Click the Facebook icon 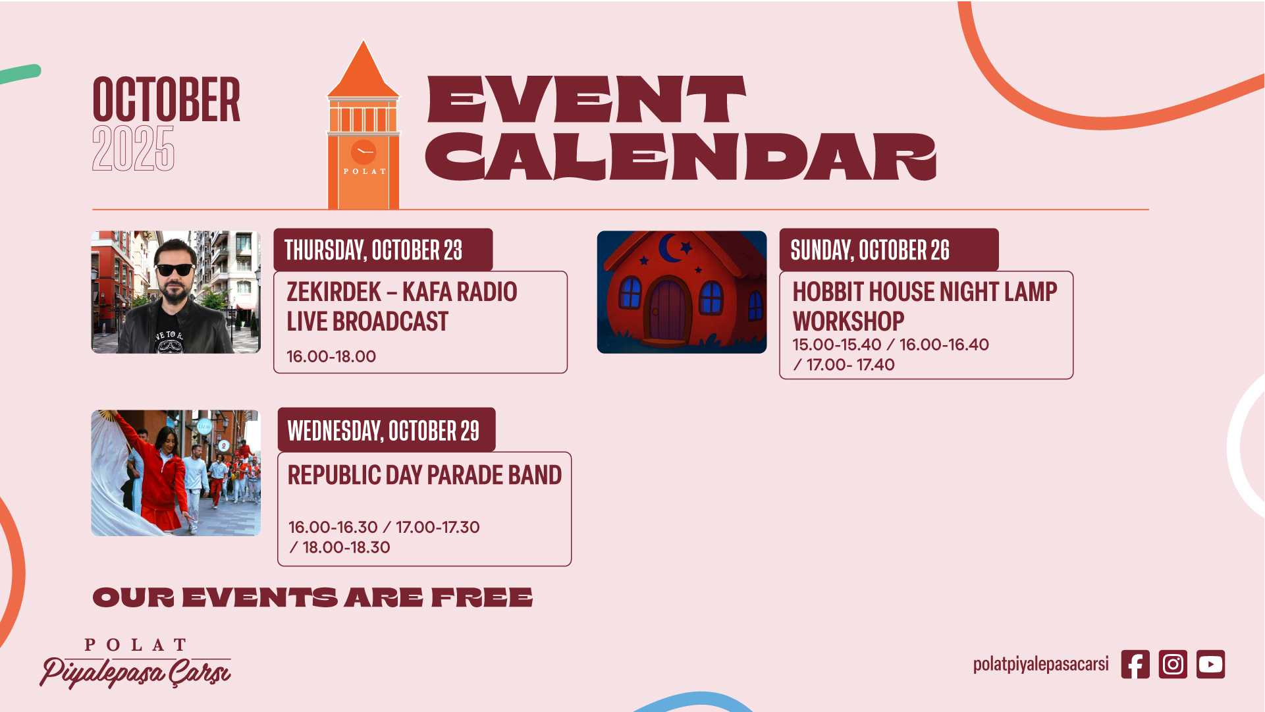tap(1135, 664)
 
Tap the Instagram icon tap(1173, 664)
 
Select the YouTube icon tap(1210, 664)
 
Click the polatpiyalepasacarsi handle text tap(1040, 664)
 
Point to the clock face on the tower tap(363, 152)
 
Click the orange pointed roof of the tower tap(363, 69)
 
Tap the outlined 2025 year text tap(133, 149)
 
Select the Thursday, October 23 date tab tap(383, 250)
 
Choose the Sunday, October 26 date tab tap(889, 250)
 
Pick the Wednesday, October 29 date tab tap(387, 430)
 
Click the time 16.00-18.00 tap(331, 356)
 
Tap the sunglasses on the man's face tap(175, 269)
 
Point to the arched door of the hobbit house tap(668, 310)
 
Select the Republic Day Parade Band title tap(425, 475)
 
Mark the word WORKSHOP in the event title tap(848, 321)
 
